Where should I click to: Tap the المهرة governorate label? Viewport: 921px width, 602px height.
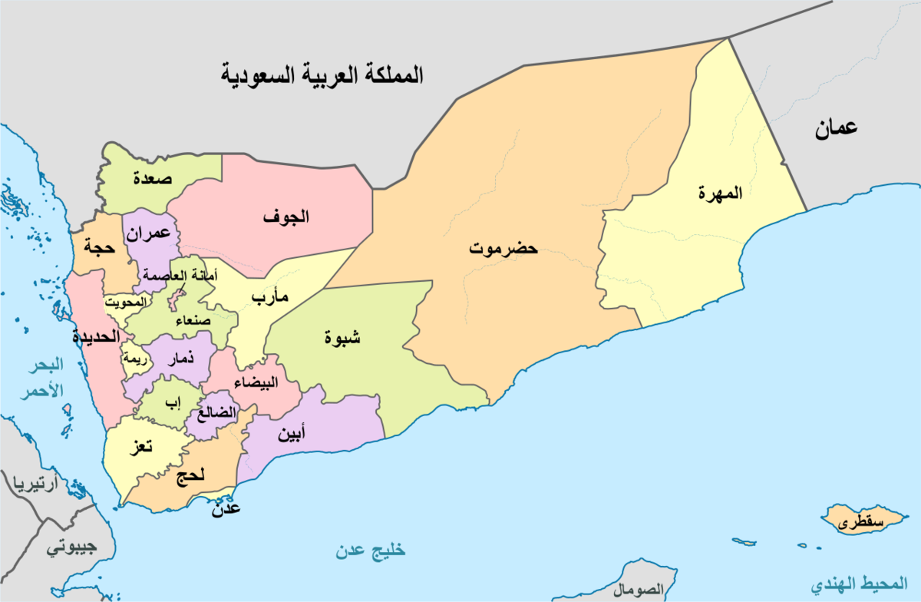(721, 193)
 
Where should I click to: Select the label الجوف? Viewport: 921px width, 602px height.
(286, 217)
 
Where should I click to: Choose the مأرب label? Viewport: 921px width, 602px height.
(269, 299)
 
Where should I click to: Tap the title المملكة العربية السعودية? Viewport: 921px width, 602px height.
(322, 77)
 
